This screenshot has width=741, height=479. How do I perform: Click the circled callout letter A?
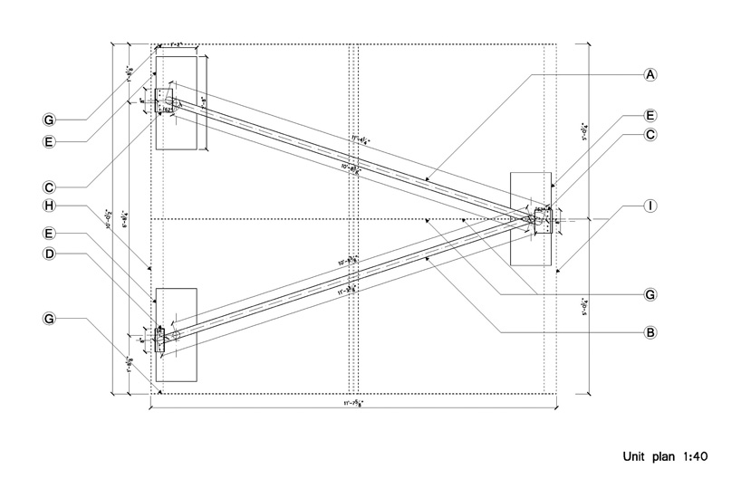click(650, 74)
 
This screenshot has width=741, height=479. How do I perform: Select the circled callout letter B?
click(650, 332)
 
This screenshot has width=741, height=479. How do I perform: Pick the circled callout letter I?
click(650, 206)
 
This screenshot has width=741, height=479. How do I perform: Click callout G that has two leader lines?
click(650, 294)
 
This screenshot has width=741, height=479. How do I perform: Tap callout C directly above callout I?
click(650, 135)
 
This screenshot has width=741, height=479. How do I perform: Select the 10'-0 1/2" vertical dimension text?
click(111, 217)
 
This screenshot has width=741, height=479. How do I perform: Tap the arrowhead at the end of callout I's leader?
click(558, 270)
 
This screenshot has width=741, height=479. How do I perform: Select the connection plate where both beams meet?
click(543, 218)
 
